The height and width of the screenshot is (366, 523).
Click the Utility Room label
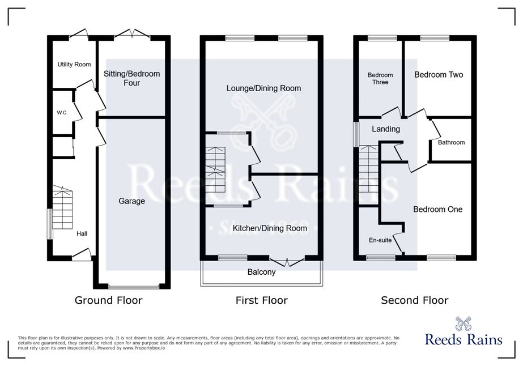coord(74,65)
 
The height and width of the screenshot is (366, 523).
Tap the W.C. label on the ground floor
coord(62,113)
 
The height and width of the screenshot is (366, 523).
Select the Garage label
coord(132,201)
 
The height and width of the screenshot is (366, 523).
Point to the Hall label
coord(82,233)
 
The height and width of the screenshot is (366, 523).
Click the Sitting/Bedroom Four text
coord(132,78)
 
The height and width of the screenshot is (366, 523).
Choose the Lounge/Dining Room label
coord(264,88)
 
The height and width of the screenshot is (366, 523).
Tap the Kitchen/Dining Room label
coord(270,228)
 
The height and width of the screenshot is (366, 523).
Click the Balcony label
coord(262,272)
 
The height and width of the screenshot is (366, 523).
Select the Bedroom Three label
coord(380,78)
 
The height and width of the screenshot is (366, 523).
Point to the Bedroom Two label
coord(439,74)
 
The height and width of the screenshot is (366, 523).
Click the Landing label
coord(386,129)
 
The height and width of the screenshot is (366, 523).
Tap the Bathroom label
coord(451,142)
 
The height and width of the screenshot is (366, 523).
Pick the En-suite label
coord(380,240)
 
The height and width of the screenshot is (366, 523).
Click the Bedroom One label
coord(438,209)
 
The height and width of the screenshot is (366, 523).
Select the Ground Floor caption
coord(108,300)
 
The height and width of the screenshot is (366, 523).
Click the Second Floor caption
coord(415,300)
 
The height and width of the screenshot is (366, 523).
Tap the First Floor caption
coord(262,300)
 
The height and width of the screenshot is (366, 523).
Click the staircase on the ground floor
coord(62,207)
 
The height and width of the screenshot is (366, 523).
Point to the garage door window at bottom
coord(134,286)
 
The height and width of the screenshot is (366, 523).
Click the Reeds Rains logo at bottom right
coord(464,331)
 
